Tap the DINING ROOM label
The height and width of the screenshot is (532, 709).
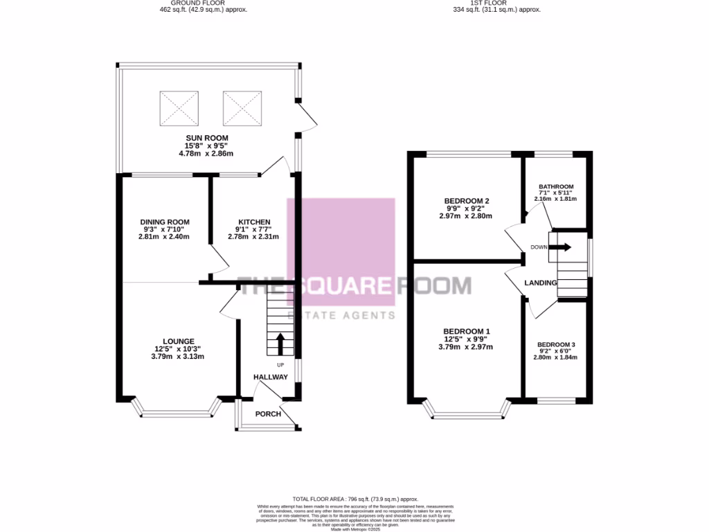click(x=163, y=222)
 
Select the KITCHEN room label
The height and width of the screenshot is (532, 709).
click(x=253, y=222)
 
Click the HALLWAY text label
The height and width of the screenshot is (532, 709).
click(x=270, y=377)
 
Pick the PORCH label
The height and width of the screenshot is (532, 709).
click(x=269, y=414)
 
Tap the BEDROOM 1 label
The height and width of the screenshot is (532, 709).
click(x=467, y=331)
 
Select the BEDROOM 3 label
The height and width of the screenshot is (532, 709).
click(x=556, y=344)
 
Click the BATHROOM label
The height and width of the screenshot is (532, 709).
click(x=556, y=187)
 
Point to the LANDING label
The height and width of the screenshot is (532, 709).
click(x=541, y=283)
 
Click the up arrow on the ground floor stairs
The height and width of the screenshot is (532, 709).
click(x=280, y=344)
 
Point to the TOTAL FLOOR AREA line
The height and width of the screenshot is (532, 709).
click(x=355, y=499)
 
